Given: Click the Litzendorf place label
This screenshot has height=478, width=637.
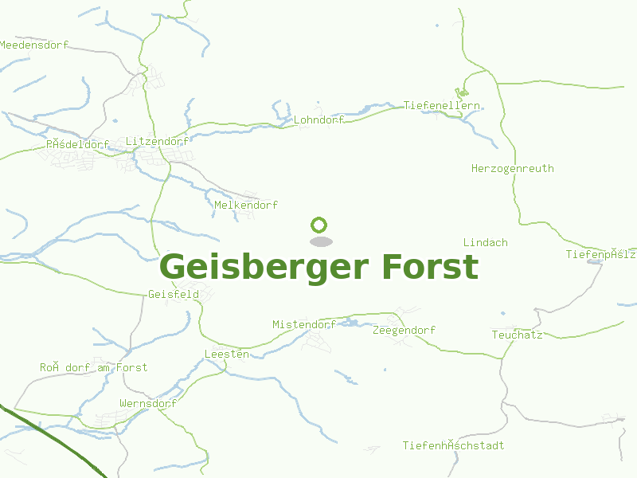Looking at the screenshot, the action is pyautogui.click(x=158, y=141).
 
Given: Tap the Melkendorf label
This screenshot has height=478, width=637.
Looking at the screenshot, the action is pyautogui.click(x=246, y=205).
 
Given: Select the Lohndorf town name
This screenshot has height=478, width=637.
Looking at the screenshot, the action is pyautogui.click(x=318, y=119).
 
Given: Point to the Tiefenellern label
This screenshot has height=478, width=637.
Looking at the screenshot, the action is pyautogui.click(x=442, y=105).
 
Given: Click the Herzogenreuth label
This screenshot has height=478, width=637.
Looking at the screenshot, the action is pyautogui.click(x=512, y=168).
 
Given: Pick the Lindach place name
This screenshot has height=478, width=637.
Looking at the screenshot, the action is pyautogui.click(x=485, y=242).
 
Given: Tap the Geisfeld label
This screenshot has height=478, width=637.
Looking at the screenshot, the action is pyautogui.click(x=174, y=294).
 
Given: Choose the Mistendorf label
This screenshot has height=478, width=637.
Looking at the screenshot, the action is pyautogui.click(x=303, y=324).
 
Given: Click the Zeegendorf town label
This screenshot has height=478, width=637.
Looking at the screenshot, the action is pyautogui.click(x=404, y=330).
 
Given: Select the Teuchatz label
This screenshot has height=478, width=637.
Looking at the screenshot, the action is pyautogui.click(x=517, y=335).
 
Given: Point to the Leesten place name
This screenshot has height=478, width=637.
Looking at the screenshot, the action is pyautogui.click(x=226, y=353).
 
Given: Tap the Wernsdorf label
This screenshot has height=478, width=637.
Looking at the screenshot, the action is pyautogui.click(x=147, y=403).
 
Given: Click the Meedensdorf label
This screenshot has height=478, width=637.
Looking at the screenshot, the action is pyautogui.click(x=34, y=45).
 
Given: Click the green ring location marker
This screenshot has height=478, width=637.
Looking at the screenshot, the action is pyautogui.click(x=319, y=225).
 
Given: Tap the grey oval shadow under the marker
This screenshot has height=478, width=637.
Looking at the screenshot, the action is pyautogui.click(x=320, y=241).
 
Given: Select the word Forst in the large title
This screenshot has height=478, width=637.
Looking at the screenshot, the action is pyautogui.click(x=430, y=267).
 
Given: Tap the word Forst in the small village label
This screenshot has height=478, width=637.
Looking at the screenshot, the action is pyautogui.click(x=131, y=367).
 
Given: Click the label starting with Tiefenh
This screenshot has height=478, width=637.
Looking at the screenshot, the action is pyautogui.click(x=453, y=445).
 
